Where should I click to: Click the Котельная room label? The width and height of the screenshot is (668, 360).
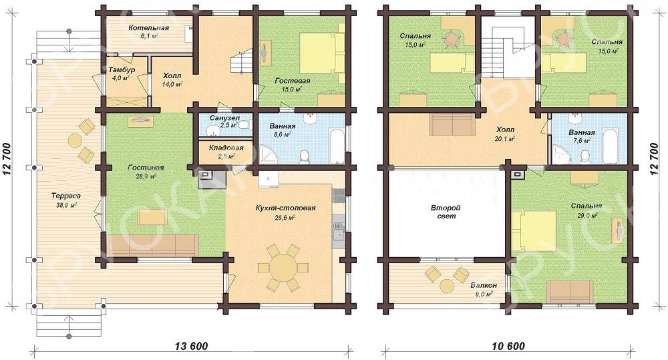(x=149, y=28)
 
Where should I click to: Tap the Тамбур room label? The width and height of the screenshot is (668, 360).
(x=122, y=69)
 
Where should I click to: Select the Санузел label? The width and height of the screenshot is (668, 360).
(x=225, y=118)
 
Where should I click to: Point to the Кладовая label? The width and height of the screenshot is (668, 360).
(x=226, y=148)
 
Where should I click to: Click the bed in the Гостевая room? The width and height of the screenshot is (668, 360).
(x=322, y=53)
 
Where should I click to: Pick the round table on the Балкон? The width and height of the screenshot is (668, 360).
(x=447, y=285)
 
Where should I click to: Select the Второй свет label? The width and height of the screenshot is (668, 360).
(x=446, y=212)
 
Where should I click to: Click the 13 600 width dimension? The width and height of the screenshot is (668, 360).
(x=192, y=346)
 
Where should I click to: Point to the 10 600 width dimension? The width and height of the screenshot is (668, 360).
(x=508, y=346)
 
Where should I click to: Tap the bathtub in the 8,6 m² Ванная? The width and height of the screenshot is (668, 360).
(x=336, y=146)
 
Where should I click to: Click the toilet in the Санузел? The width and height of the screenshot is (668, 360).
(x=243, y=125)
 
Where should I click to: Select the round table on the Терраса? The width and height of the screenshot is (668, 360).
(x=75, y=140)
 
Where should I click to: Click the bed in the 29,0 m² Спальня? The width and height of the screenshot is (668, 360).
(x=534, y=230)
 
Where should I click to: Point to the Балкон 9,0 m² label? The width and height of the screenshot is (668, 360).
(x=483, y=289)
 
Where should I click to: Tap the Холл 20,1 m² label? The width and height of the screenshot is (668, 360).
(x=505, y=134)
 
